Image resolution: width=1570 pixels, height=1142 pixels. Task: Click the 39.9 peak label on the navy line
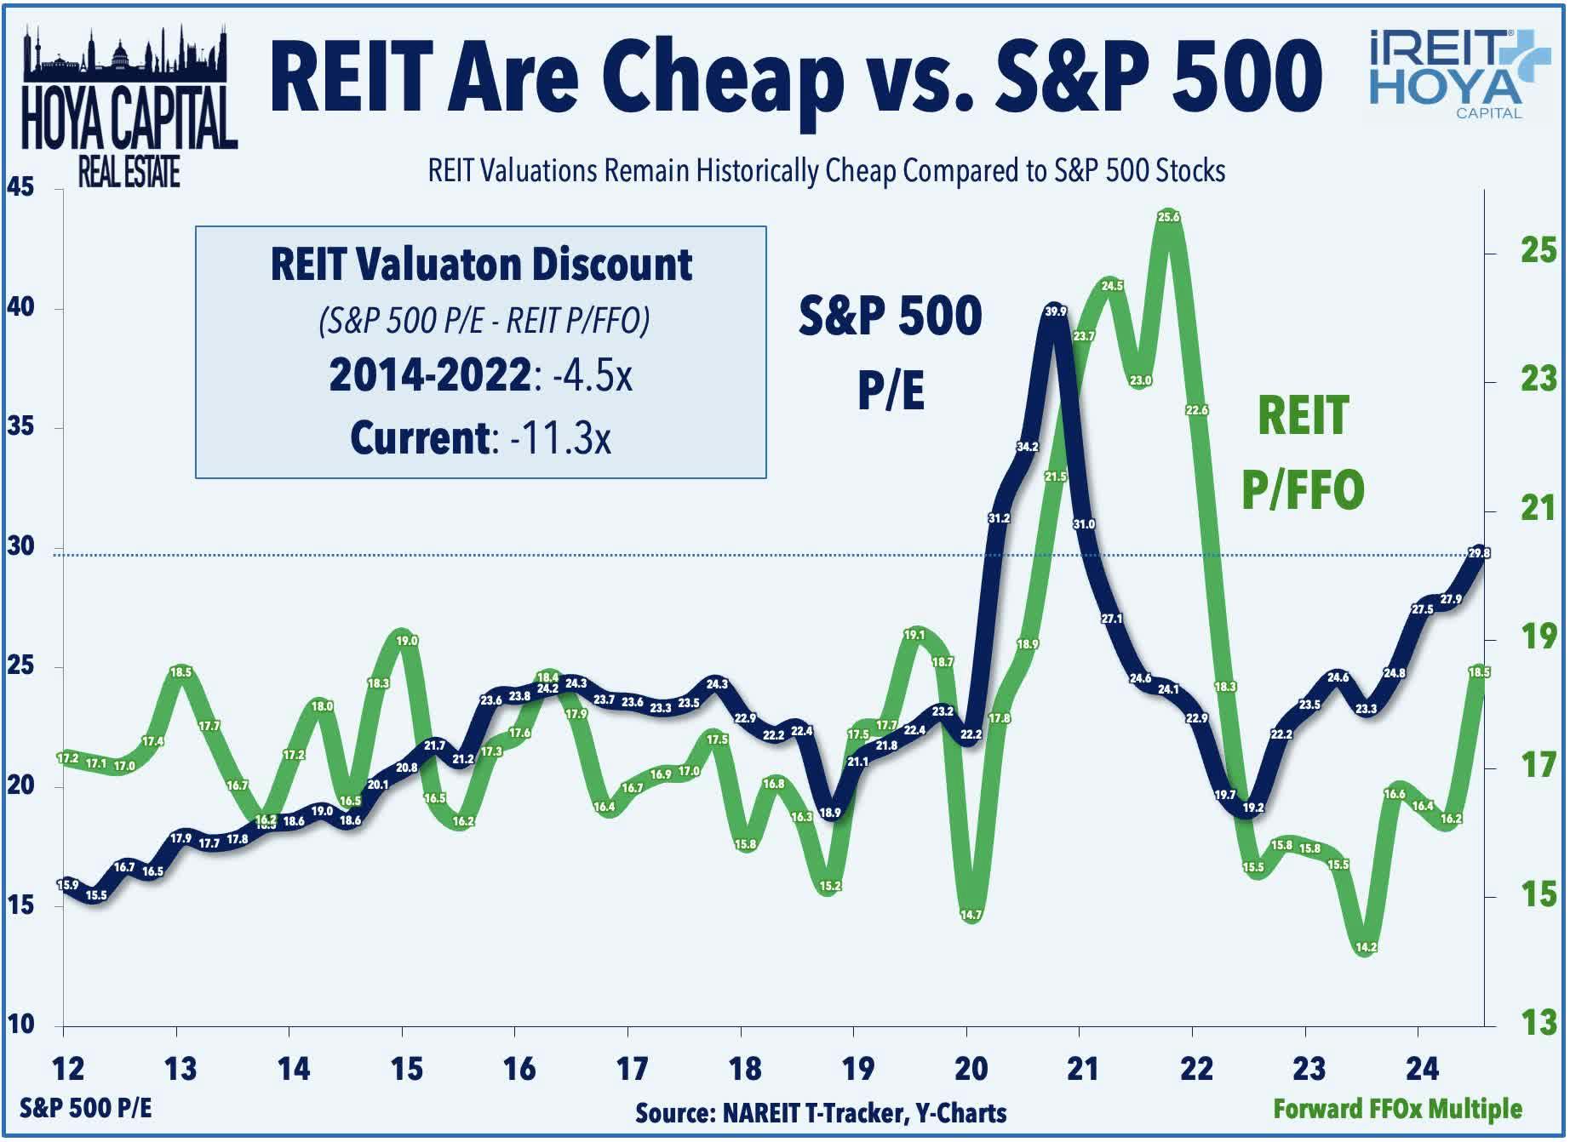[1055, 311]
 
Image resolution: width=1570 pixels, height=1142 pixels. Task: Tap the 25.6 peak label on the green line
[1168, 217]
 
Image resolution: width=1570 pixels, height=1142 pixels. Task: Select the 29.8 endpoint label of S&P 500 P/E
[1479, 553]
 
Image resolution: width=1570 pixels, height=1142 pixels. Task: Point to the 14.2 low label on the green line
[1366, 947]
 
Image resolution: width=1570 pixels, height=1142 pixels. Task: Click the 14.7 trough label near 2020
[971, 915]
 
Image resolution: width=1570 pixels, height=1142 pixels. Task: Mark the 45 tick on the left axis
[20, 187]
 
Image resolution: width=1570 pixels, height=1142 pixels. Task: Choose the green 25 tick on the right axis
[1538, 251]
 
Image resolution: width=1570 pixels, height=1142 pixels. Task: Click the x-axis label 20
[970, 1069]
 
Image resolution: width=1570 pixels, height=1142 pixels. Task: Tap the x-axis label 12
[67, 1069]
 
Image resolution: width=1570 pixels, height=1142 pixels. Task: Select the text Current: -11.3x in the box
[480, 438]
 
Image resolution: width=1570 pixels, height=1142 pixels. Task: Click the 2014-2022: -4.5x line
[480, 374]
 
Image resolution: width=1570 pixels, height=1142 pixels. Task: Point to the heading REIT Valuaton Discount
[481, 264]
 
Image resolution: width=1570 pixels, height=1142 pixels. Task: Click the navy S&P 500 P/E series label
[890, 351]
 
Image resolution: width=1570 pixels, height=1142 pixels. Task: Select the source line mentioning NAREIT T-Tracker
[820, 1113]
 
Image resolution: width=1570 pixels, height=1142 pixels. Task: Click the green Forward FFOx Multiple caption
[1396, 1109]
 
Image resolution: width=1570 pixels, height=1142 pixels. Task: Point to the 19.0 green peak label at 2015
[407, 641]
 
